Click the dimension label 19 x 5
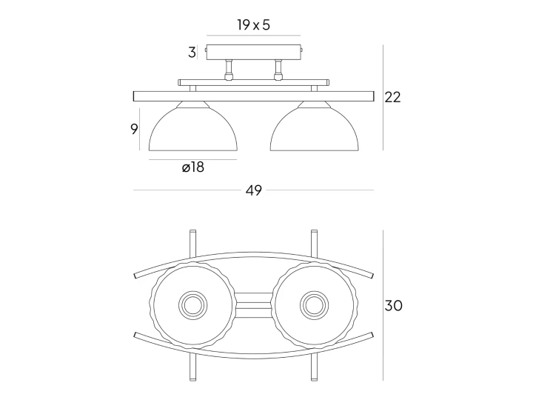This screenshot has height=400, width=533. pyautogui.click(x=254, y=25)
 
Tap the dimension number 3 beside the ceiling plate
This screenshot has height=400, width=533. pyautogui.click(x=192, y=53)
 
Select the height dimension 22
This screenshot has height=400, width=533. pyautogui.click(x=392, y=97)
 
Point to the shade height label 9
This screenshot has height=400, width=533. pyautogui.click(x=134, y=129)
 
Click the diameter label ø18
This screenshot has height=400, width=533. pyautogui.click(x=193, y=167)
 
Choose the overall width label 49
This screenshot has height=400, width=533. pyautogui.click(x=254, y=190)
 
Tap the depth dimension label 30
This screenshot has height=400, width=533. pyautogui.click(x=393, y=305)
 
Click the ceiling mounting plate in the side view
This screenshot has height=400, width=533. pyautogui.click(x=254, y=52)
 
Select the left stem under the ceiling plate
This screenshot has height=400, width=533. pyautogui.click(x=229, y=70)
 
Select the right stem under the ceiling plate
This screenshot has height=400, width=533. pyautogui.click(x=278, y=70)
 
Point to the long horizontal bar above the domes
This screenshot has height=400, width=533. pyautogui.click(x=254, y=96)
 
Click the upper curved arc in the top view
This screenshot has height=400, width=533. pyautogui.click(x=254, y=253)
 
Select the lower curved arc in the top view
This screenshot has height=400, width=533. pyautogui.click(x=254, y=357)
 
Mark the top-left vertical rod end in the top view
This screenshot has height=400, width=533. pyautogui.click(x=192, y=232)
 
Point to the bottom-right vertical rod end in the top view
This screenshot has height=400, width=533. pyautogui.click(x=314, y=379)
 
